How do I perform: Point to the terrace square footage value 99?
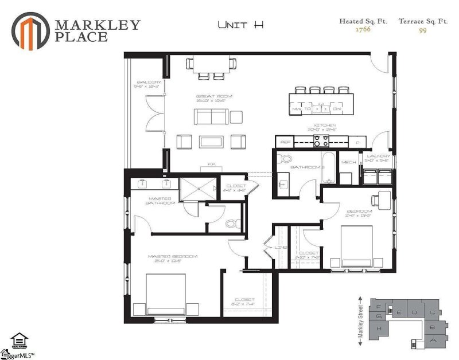pyautogui.click(x=423, y=30)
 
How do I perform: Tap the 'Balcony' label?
pyautogui.click(x=145, y=84)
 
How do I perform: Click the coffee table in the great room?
pyautogui.click(x=213, y=141)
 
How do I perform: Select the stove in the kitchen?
pyautogui.click(x=320, y=142)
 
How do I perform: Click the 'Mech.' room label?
pyautogui.click(x=348, y=162)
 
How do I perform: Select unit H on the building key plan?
pyautogui.click(x=379, y=329)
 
